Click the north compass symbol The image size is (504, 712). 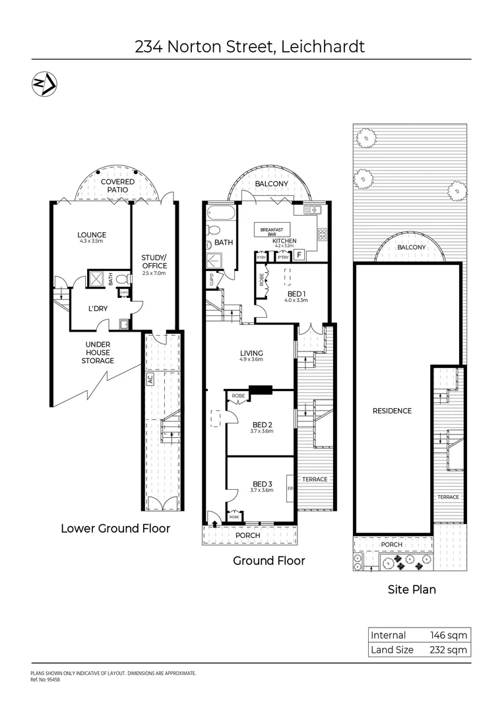coord(44,83)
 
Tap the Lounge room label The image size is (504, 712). coord(92,235)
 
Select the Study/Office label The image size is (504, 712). coord(154,262)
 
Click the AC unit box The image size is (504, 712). coord(150,380)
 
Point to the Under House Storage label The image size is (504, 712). coord(98,352)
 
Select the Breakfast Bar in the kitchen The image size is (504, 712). coord(272,231)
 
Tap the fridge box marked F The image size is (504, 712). coord(298,254)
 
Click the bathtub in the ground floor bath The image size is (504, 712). coord(220,214)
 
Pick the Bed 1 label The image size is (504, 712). coord(295,293)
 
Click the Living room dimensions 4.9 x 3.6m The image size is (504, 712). coord(251,360)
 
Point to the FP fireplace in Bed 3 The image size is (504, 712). coord(290,489)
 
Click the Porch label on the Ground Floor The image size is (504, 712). coord(248,535)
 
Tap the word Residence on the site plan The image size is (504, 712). coord(393,411)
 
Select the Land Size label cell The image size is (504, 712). coord(393,649)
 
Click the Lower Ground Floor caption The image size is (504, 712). coord(115,528)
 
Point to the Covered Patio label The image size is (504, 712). coord(118,185)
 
